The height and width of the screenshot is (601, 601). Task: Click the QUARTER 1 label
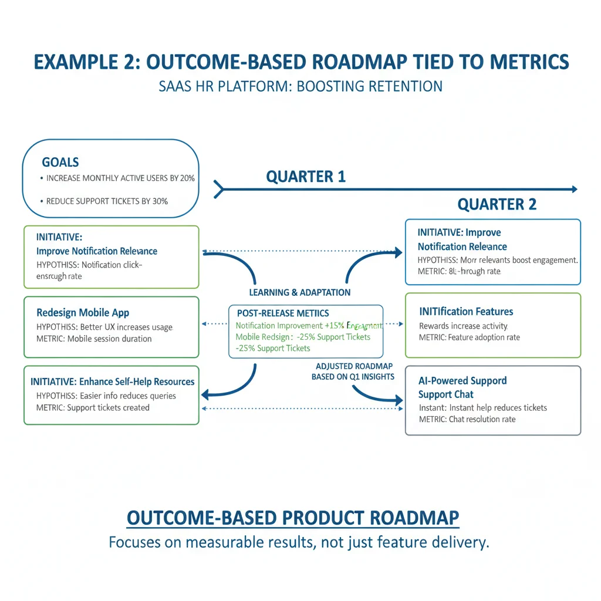coord(306,176)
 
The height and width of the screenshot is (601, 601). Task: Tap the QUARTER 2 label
coord(497,204)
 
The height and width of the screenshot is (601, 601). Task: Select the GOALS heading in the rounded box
coord(60,162)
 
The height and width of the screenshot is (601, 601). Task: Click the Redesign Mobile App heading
coord(83,312)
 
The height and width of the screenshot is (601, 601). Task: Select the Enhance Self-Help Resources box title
coord(112,381)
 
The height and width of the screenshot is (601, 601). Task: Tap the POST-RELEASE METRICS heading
coord(282,313)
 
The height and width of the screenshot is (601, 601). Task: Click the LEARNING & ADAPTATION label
coord(300,292)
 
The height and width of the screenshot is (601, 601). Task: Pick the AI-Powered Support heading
coord(462,380)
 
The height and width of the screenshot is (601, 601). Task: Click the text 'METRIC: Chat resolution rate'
coord(467,419)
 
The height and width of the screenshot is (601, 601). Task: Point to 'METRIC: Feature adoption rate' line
coord(469,337)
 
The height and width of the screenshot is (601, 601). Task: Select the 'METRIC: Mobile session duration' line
coord(94,339)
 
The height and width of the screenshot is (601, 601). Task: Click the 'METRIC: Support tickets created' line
coord(93,408)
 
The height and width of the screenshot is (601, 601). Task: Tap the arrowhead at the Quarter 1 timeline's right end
coord(573,189)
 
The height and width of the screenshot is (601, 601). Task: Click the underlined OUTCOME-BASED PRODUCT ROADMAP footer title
coord(293,518)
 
